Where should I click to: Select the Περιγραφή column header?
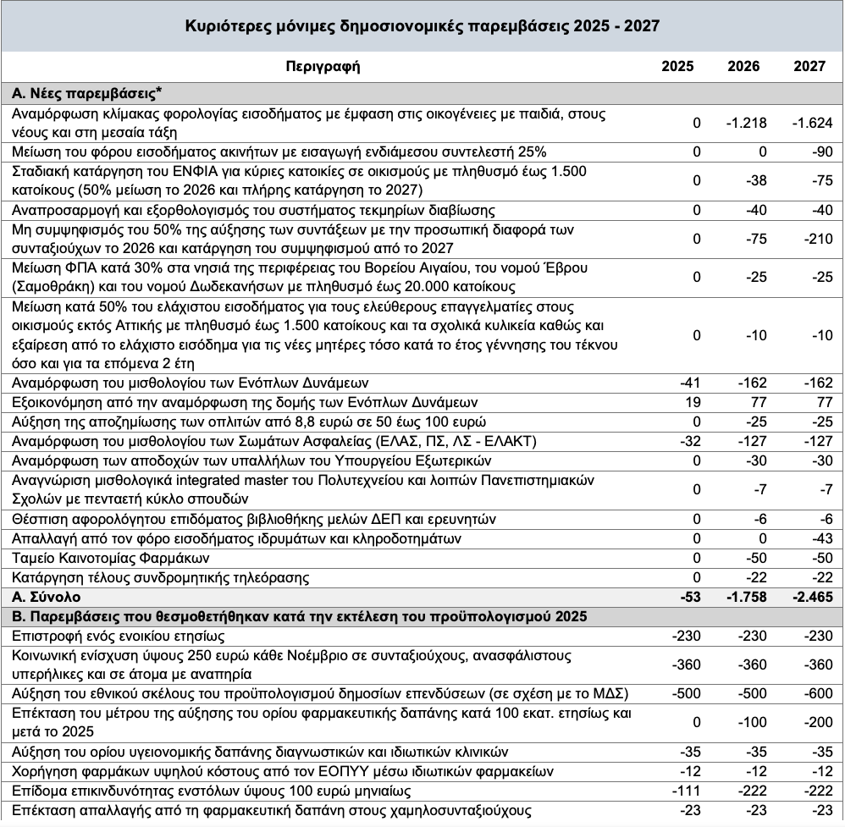(x=323, y=67)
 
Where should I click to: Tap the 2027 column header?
(x=809, y=67)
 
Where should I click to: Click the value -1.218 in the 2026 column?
(x=746, y=124)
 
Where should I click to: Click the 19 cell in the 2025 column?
(x=693, y=402)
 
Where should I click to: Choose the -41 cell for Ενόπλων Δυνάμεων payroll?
(x=691, y=383)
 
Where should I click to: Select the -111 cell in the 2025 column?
(x=688, y=791)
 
